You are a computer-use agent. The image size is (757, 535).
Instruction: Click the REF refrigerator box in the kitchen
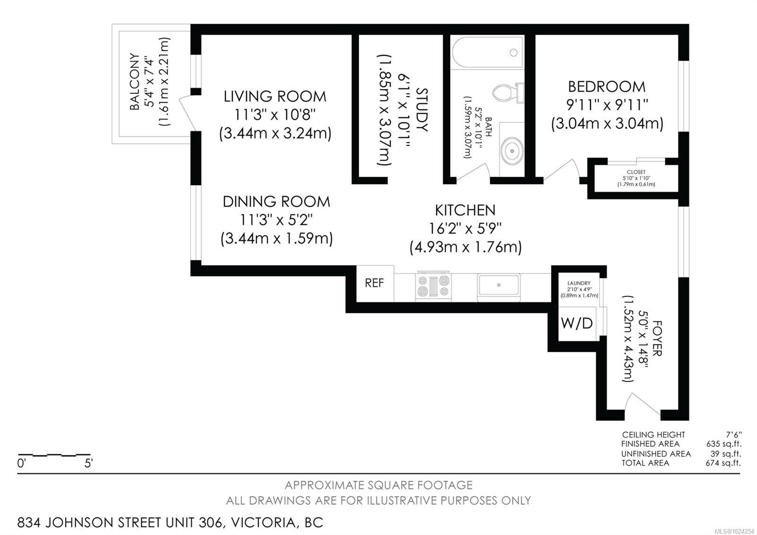(x=375, y=284)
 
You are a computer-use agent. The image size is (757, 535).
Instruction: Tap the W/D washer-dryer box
(x=577, y=324)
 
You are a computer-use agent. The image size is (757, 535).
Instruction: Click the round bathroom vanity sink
(x=512, y=151)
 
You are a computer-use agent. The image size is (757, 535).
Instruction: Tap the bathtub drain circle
(x=514, y=53)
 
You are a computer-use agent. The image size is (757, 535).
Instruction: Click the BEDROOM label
(x=607, y=87)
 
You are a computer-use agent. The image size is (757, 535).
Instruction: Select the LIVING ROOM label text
(x=275, y=97)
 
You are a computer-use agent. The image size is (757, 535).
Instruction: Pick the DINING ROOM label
(x=276, y=202)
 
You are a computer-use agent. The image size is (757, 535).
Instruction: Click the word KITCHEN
(x=465, y=210)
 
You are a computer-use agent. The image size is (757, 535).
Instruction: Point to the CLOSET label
(x=636, y=172)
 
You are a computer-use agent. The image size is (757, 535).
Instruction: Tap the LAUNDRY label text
(x=579, y=283)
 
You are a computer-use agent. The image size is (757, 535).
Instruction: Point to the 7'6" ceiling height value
(x=733, y=435)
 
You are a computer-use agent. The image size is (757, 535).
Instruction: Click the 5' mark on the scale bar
(x=88, y=463)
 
